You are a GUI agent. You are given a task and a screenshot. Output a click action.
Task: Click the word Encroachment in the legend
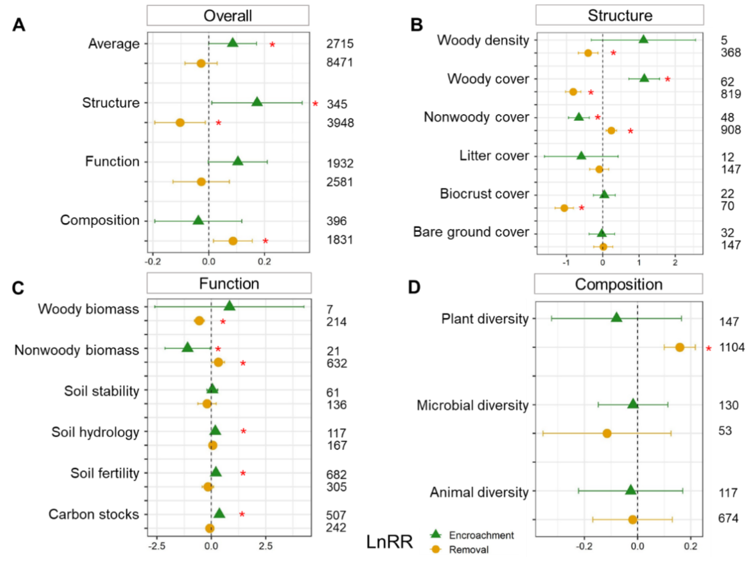(x=481, y=535)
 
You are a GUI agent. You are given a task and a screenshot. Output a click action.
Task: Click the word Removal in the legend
(x=468, y=550)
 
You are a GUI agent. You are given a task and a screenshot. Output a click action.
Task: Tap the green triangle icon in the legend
(x=435, y=534)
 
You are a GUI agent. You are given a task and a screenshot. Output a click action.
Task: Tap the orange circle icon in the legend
(x=435, y=550)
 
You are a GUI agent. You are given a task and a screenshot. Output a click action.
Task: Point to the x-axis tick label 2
(x=675, y=263)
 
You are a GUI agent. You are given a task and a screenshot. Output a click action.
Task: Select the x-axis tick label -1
(x=566, y=263)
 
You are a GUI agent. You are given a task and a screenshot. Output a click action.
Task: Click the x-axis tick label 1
(x=639, y=263)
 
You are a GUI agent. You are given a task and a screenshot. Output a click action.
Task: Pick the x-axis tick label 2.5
(x=266, y=546)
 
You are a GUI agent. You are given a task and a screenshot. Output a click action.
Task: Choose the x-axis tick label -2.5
(x=156, y=546)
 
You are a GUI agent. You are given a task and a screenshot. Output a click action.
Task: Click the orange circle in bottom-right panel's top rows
(x=679, y=347)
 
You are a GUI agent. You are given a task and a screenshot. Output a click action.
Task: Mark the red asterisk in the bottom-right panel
(x=709, y=349)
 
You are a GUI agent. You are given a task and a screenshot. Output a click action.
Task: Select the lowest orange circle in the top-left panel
(x=233, y=241)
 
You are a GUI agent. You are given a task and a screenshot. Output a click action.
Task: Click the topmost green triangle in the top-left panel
(x=233, y=43)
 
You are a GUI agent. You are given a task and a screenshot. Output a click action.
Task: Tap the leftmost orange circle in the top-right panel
(x=564, y=208)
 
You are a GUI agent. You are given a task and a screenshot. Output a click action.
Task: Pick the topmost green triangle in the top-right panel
(x=643, y=39)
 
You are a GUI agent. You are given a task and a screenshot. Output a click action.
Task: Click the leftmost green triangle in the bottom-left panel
(x=188, y=348)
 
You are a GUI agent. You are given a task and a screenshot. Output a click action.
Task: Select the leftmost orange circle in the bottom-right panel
(x=607, y=433)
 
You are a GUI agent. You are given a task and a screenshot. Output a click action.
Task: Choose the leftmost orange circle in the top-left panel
(x=180, y=122)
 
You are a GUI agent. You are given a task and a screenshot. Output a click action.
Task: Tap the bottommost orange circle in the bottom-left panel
(x=210, y=528)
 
